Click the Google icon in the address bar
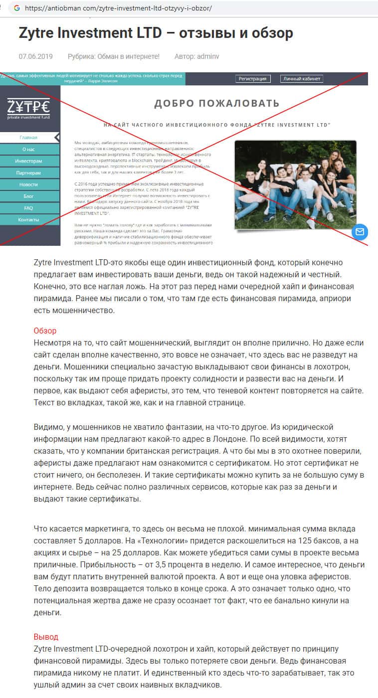pos(17,8)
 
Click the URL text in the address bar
pos(118,8)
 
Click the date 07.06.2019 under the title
pos(35,56)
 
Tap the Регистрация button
pos(253,79)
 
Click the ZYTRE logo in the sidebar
pos(28,108)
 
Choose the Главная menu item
pos(28,138)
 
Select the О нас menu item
pos(28,150)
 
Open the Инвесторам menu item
pos(28,161)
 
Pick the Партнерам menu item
pos(28,173)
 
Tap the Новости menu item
pos(28,184)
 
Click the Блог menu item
pos(28,196)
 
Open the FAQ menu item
pos(28,208)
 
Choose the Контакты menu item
pos(28,220)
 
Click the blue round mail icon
pos(359,232)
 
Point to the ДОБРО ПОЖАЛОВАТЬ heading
pos(216,104)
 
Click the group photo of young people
pos(295,184)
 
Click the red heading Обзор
pos(45,331)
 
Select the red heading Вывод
pos(46,637)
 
